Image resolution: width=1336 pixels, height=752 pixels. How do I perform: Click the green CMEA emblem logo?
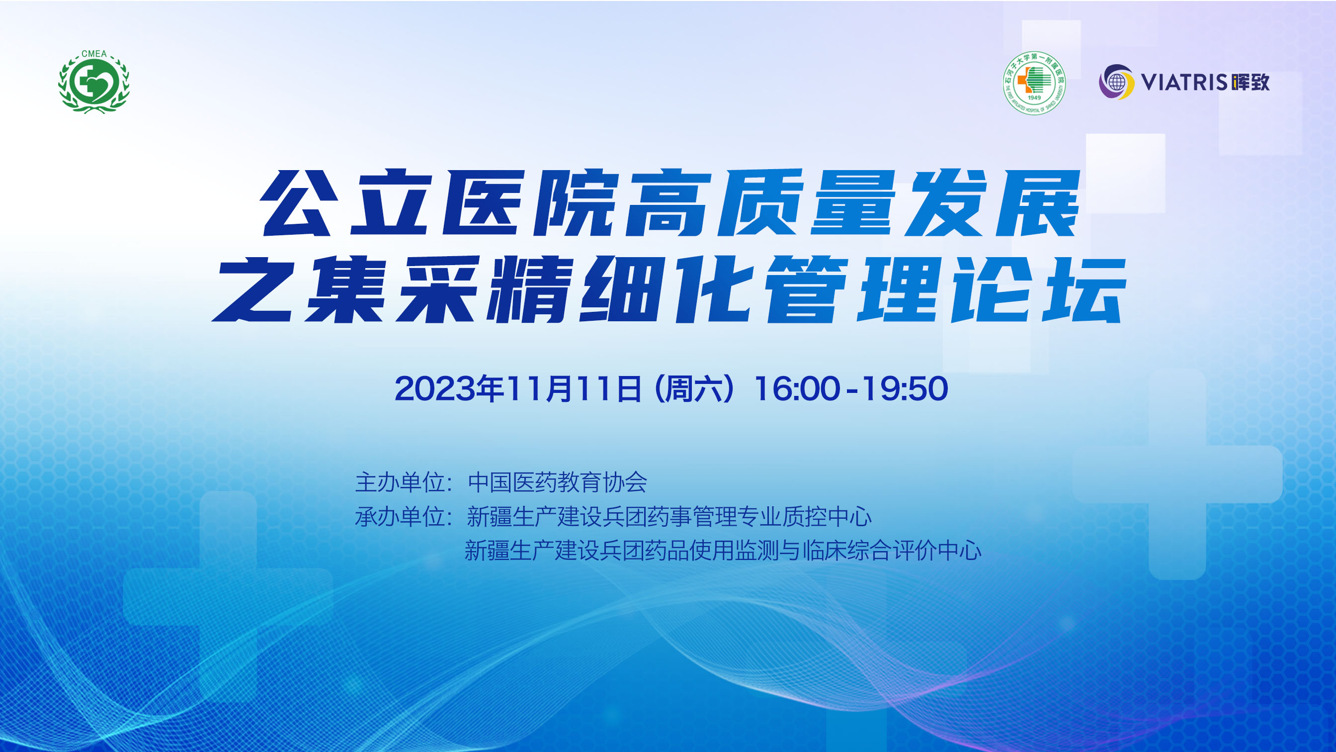point(94,82)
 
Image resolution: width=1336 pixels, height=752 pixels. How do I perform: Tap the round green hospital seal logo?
point(1034,83)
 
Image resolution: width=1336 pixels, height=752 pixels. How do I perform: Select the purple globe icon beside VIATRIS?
point(1116,82)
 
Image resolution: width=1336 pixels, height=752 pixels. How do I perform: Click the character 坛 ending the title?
point(1084,288)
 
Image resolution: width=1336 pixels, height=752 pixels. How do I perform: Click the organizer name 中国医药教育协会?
point(558,482)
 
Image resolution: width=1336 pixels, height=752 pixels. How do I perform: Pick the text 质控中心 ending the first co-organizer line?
point(827,516)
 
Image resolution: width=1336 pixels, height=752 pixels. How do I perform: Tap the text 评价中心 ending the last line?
point(937,551)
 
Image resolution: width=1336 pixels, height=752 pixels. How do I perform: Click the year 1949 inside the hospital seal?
point(1034,97)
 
